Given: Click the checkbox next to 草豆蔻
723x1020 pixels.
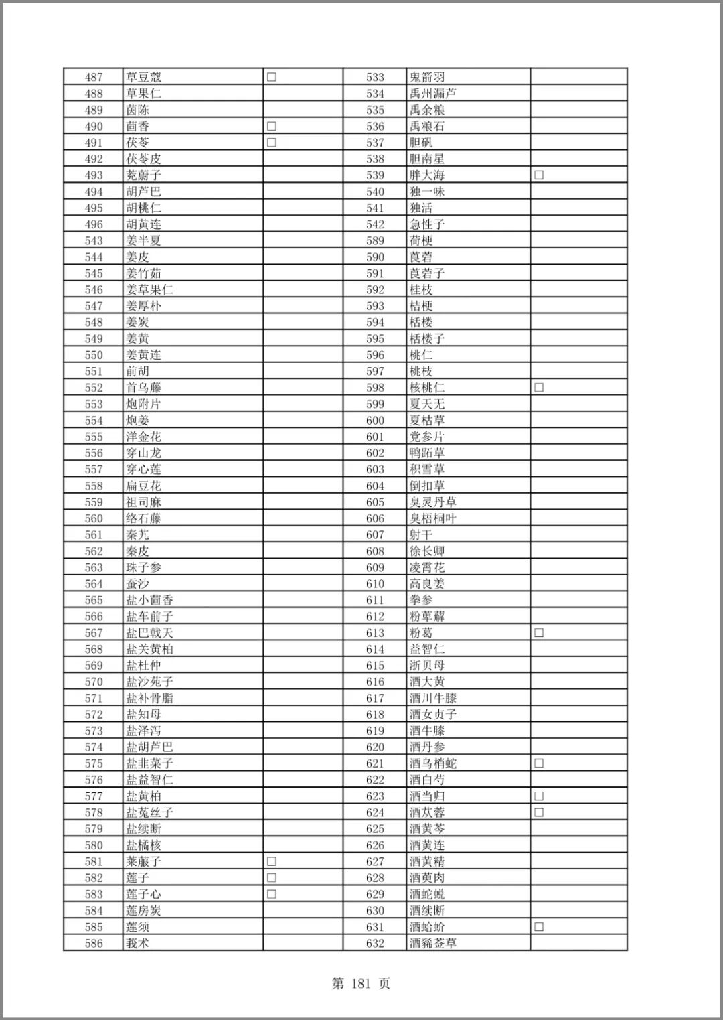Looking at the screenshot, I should [272, 77].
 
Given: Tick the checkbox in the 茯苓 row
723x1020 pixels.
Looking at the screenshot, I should [272, 143].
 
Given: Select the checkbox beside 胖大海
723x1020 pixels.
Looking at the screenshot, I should [539, 175].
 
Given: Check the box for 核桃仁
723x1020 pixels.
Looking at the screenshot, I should [539, 388].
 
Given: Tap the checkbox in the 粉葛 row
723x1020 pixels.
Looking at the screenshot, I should [539, 633].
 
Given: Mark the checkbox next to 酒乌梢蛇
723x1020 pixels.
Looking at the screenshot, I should [539, 763].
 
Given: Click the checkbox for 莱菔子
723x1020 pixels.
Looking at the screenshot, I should [272, 861].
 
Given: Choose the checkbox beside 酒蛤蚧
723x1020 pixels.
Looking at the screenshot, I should [539, 927].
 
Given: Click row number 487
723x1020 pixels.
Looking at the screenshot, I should [94, 77].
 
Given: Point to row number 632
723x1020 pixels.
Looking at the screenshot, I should [375, 944].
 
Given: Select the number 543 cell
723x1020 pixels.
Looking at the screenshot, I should [94, 240].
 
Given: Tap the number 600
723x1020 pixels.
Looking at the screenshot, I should [375, 421].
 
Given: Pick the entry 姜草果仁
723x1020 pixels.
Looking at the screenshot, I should [149, 290].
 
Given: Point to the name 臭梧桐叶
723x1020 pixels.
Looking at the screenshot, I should [432, 518].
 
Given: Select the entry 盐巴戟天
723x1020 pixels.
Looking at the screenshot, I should [149, 633].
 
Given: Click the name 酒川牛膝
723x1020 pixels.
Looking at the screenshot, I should [432, 698].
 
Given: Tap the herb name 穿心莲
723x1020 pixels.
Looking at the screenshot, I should [143, 469].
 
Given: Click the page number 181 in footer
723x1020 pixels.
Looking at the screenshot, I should [361, 984].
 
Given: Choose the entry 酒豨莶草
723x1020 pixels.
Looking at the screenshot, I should [432, 944].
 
